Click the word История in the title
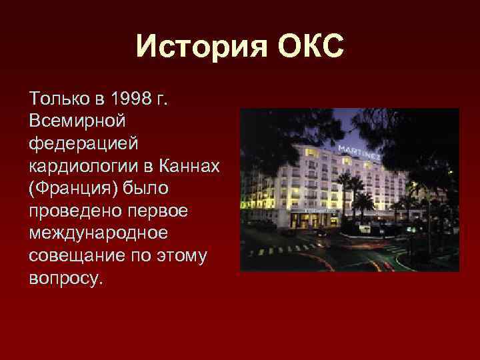pyautogui.click(x=195, y=47)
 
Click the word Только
pyautogui.click(x=57, y=100)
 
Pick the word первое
pyautogui.click(x=163, y=209)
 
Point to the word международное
pyautogui.click(x=96, y=231)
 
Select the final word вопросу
pyautogui.click(x=65, y=275)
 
